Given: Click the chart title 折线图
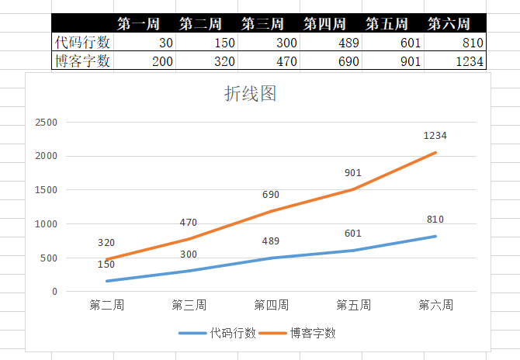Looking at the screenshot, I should coord(250,95).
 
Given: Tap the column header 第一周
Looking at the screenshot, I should coord(138,24).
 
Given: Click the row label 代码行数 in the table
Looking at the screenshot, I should coord(83,43).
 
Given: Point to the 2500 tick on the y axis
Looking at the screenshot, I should coord(47,123).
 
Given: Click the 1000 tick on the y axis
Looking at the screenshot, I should coord(47,224).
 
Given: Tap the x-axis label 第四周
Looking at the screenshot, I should coord(272,305).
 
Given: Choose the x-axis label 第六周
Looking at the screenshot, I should coord(435,305).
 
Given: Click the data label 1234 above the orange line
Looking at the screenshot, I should coord(435,136).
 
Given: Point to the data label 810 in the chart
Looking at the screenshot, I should coord(435,220).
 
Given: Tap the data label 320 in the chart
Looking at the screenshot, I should coord(107,243).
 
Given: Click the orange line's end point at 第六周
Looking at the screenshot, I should coord(435,153).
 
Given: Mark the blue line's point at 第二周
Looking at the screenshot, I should coord(107,281).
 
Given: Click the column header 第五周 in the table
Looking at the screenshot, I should coord(394,24).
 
